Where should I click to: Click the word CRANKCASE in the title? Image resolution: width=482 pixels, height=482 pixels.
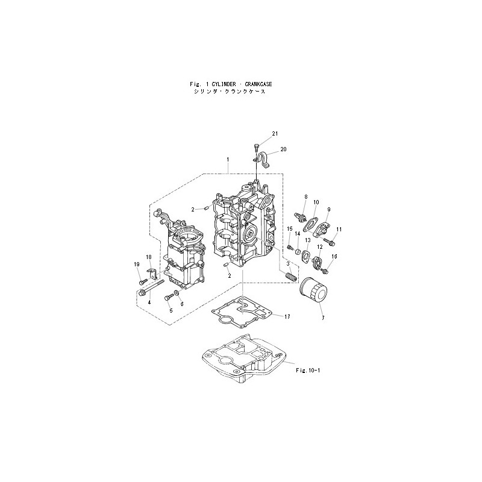point(258,84)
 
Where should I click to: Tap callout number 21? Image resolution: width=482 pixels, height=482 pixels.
point(275,133)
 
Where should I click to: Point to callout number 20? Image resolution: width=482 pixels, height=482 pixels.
point(283,149)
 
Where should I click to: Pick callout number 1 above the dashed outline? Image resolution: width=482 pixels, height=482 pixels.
point(228,160)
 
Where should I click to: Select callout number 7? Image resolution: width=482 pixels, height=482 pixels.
point(323,318)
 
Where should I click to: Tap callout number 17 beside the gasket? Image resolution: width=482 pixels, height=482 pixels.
point(287,317)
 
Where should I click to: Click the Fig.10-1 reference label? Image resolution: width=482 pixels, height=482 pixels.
point(308,371)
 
